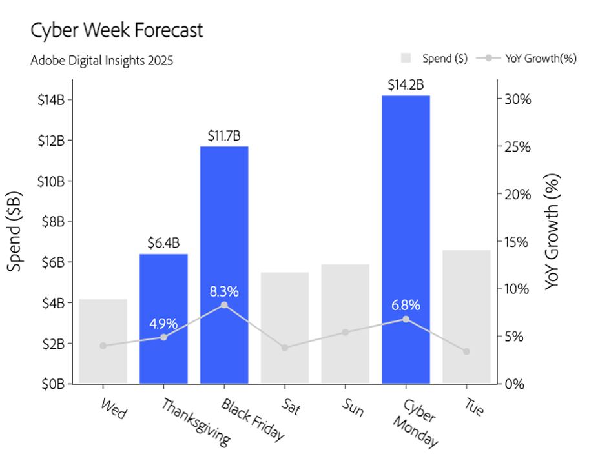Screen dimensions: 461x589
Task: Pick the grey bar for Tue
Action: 466,317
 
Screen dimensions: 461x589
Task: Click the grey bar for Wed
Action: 103,341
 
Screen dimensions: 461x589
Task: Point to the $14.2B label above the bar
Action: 406,85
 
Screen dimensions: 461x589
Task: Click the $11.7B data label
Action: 224,136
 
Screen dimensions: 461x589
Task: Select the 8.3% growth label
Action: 224,291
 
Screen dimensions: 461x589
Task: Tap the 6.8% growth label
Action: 406,305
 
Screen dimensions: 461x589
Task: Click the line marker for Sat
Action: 285,348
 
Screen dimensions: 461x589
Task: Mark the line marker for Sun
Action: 346,333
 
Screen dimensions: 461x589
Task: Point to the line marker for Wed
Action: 103,346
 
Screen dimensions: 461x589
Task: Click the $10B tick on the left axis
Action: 52,181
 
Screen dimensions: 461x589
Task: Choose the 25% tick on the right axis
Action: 516,147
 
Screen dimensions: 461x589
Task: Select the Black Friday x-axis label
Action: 253,420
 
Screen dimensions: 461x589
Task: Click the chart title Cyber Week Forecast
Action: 117,30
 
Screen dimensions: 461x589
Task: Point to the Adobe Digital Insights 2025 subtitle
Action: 102,61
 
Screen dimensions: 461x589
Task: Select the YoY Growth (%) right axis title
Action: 552,232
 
